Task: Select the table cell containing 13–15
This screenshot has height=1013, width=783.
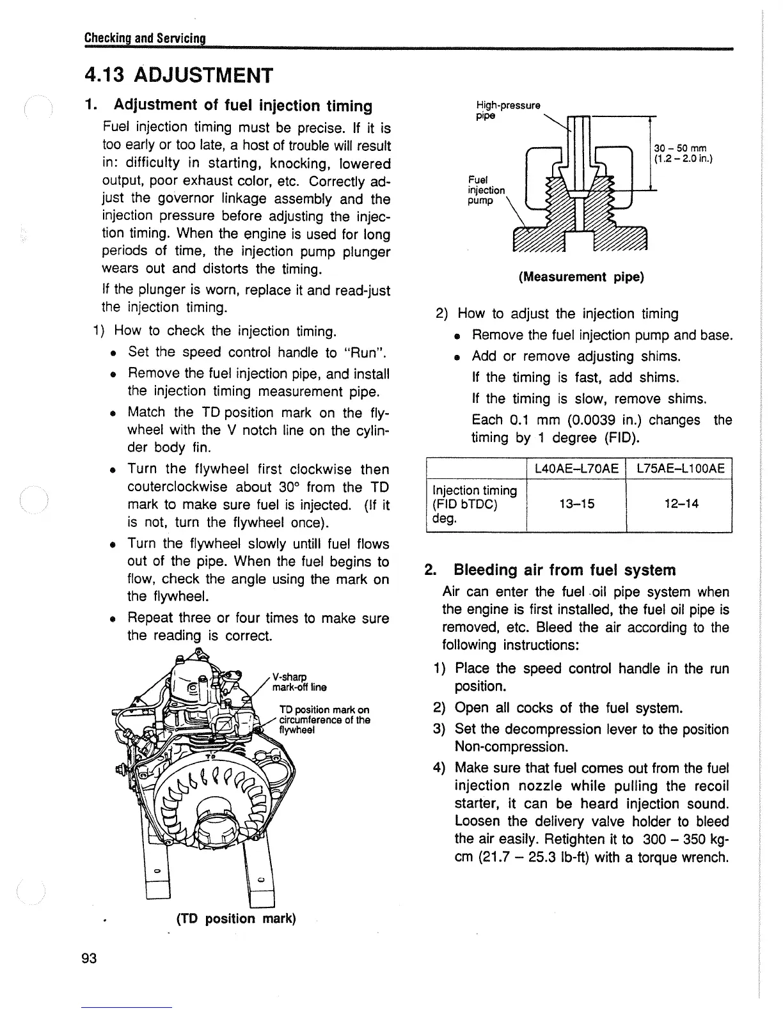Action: click(x=576, y=504)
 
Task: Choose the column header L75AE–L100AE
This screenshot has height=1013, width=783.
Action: click(x=679, y=469)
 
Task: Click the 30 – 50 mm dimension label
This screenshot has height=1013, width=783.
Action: click(x=683, y=152)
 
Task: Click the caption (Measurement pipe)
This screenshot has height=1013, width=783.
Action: click(x=581, y=277)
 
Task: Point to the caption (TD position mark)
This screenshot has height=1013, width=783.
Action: click(x=235, y=918)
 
